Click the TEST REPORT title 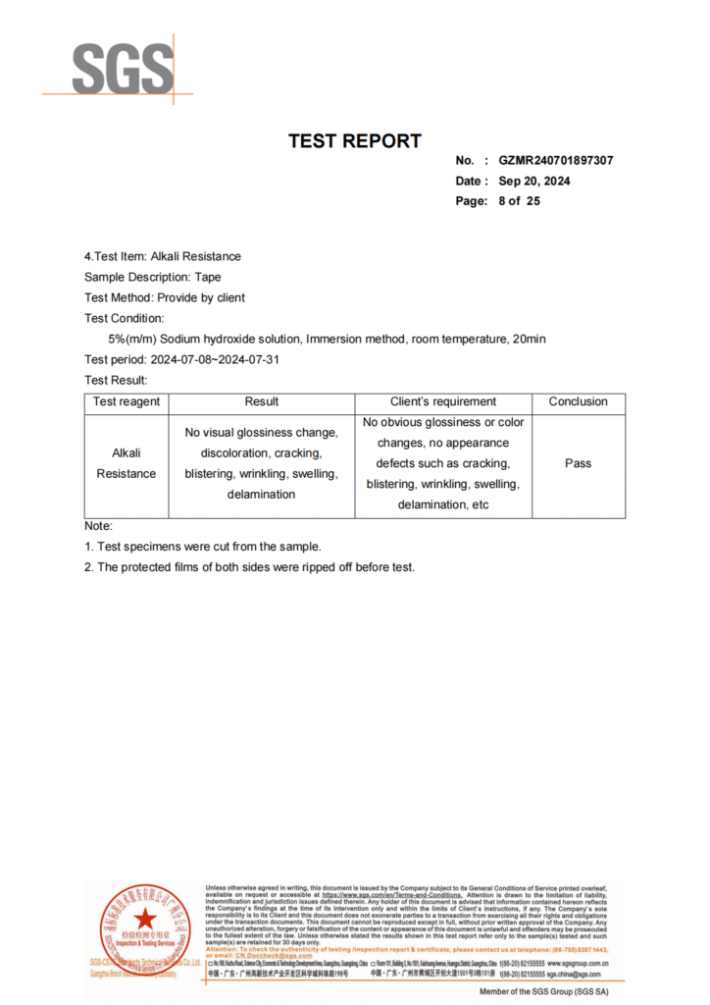[355, 141]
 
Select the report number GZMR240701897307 [556, 161]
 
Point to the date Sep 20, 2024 [534, 181]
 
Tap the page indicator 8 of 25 [519, 201]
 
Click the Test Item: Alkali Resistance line [163, 257]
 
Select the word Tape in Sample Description [208, 278]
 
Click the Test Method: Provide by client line [165, 298]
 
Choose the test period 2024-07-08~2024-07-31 [222, 360]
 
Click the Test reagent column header [127, 402]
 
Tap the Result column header [261, 402]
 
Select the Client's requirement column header [443, 402]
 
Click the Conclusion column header [579, 402]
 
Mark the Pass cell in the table [579, 463]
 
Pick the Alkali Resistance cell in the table [127, 464]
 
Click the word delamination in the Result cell [261, 495]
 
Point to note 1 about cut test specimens [203, 547]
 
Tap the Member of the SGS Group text [543, 992]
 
